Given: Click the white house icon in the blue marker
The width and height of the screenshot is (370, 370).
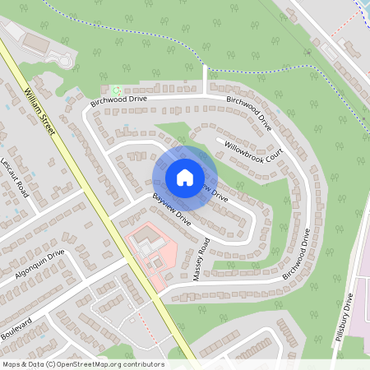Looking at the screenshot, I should [184, 177].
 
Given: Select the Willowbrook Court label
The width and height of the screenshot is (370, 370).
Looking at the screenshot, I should [254, 147].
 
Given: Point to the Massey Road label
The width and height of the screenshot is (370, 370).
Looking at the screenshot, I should [201, 260].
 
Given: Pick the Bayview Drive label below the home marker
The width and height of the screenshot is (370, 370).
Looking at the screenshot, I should [171, 210].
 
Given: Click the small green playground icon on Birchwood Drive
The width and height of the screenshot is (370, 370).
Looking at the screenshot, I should [117, 90].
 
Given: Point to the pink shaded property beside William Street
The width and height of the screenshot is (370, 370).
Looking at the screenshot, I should [148, 251].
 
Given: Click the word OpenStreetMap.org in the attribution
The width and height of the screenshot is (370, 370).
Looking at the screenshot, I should [89, 364].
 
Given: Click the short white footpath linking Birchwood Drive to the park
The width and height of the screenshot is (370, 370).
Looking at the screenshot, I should [204, 80].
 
